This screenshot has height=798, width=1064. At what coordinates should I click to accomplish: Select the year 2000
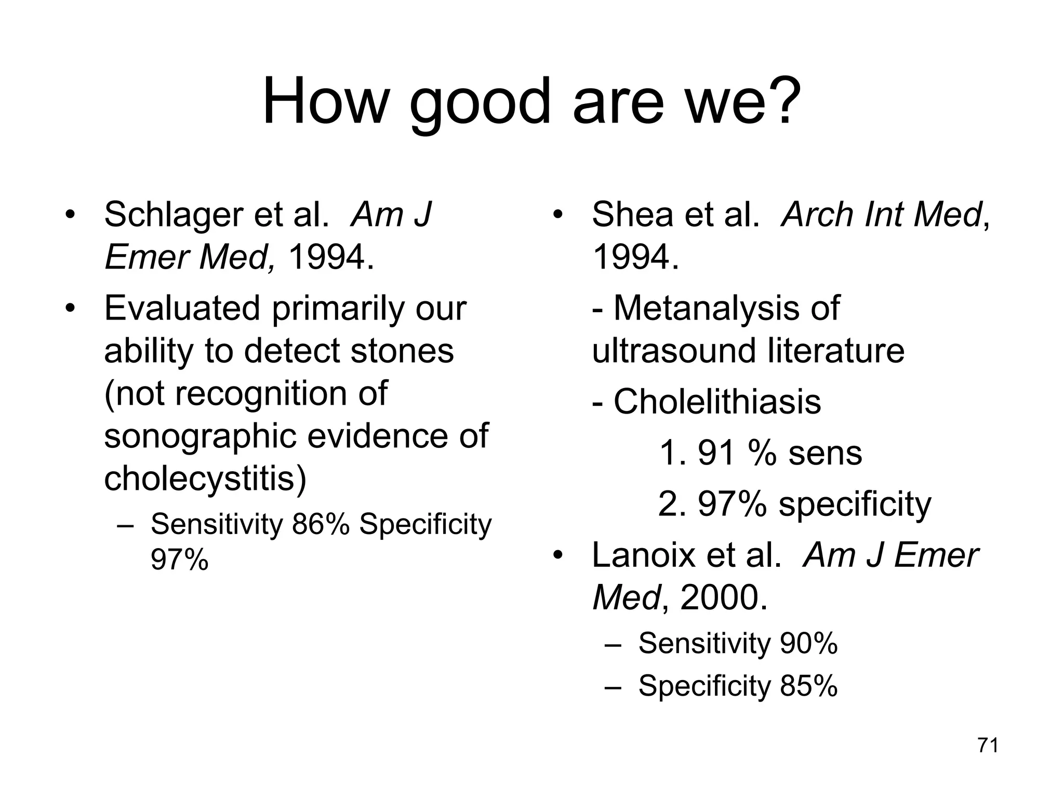pyautogui.click(x=723, y=597)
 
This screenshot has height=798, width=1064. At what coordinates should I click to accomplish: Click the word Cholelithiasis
pyautogui.click(x=717, y=402)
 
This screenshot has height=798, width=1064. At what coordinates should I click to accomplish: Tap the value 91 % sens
pyautogui.click(x=760, y=453)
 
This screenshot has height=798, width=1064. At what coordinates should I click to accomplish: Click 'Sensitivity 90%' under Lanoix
pyautogui.click(x=738, y=643)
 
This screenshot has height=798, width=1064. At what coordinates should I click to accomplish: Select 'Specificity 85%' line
pyautogui.click(x=738, y=686)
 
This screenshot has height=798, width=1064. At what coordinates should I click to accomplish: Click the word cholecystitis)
pyautogui.click(x=205, y=478)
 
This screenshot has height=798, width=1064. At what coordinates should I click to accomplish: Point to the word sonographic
pyautogui.click(x=200, y=435)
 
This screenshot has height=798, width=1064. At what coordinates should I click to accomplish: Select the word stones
pyautogui.click(x=402, y=351)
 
